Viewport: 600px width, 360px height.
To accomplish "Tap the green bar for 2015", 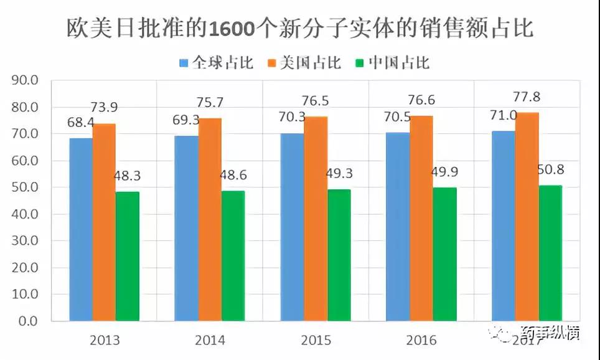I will pos(339,255).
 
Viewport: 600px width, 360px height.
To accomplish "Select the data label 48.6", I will pos(232,176).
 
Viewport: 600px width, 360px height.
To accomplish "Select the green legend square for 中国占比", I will pos(360,63).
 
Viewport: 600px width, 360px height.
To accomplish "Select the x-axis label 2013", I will pos(105,341).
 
